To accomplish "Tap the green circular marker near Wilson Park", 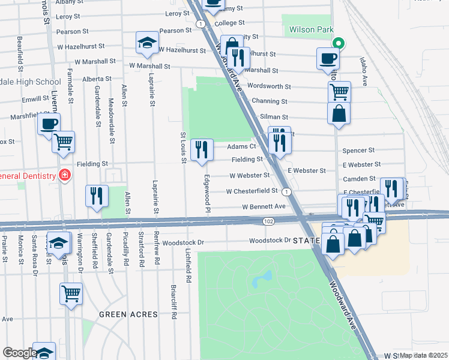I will tap(339, 43).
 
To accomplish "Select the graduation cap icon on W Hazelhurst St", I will tap(145, 43).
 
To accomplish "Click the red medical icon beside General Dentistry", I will tap(64, 176).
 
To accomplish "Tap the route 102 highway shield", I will tap(268, 221).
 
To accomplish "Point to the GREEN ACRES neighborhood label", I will tap(128, 314).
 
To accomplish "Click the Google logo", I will tap(19, 352).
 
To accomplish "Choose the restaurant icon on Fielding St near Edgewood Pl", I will tap(202, 150).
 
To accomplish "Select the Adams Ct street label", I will tap(242, 146).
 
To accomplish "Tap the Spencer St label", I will tap(358, 151).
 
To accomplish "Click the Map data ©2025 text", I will tap(424, 355).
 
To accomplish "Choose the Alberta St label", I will tap(97, 79).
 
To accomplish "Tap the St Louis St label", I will tap(184, 146).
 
